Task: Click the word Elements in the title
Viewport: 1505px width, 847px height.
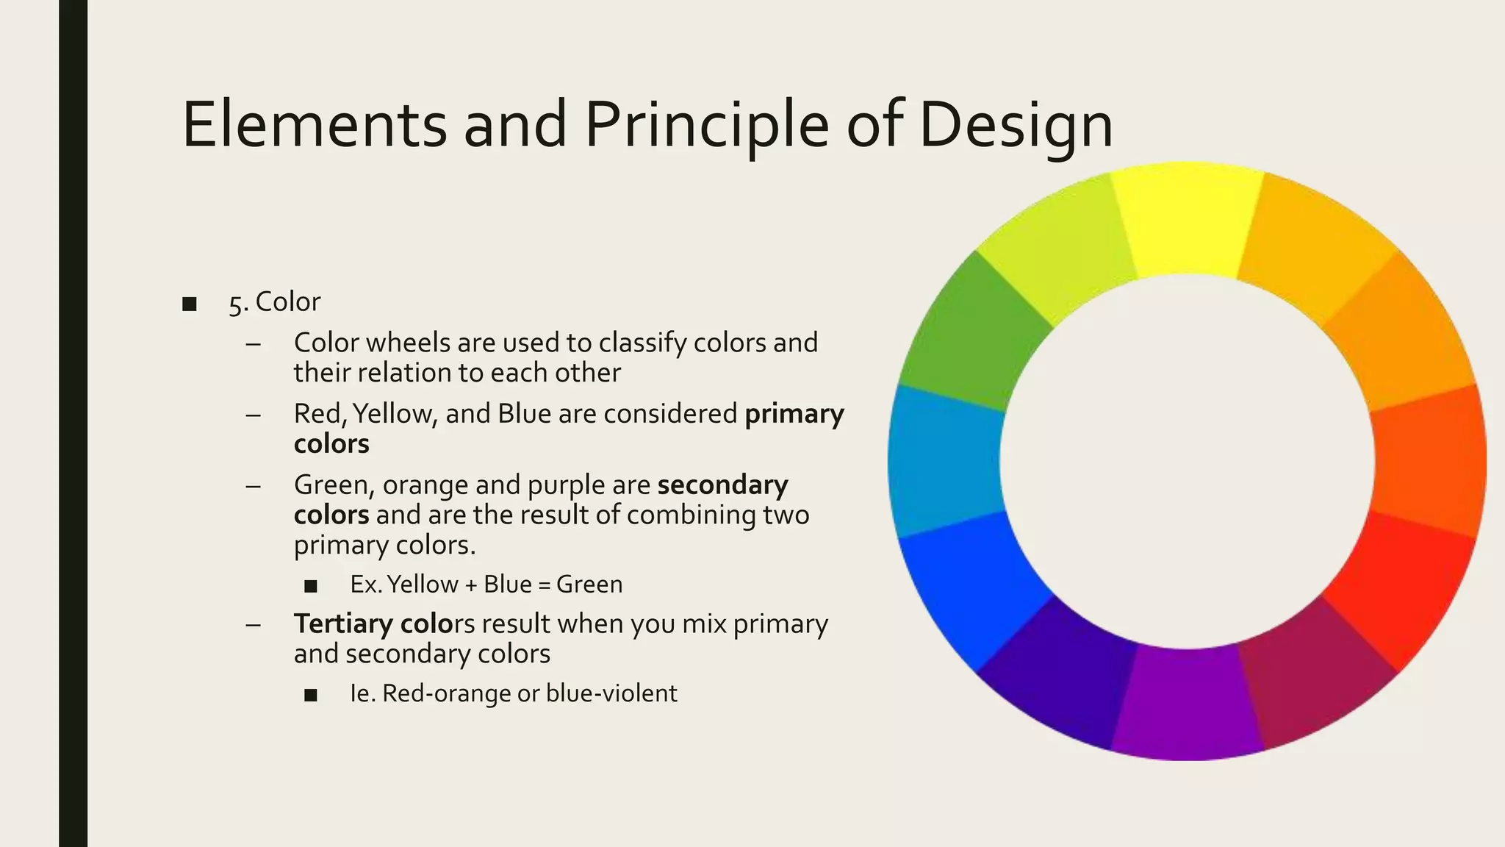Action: click(x=315, y=125)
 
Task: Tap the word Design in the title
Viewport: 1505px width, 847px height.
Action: click(x=1016, y=125)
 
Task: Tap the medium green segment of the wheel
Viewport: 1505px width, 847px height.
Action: click(x=970, y=331)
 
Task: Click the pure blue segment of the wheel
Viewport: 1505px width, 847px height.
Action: click(x=970, y=588)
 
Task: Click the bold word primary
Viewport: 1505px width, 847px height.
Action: click(x=794, y=415)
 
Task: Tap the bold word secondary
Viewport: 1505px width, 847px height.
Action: click(x=723, y=485)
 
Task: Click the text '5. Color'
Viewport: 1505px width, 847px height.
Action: click(x=274, y=302)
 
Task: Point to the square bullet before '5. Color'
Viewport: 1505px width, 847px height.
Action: click(x=190, y=304)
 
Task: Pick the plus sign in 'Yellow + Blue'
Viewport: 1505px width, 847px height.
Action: click(x=471, y=585)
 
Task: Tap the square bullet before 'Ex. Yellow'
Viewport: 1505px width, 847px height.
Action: click(x=311, y=586)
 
